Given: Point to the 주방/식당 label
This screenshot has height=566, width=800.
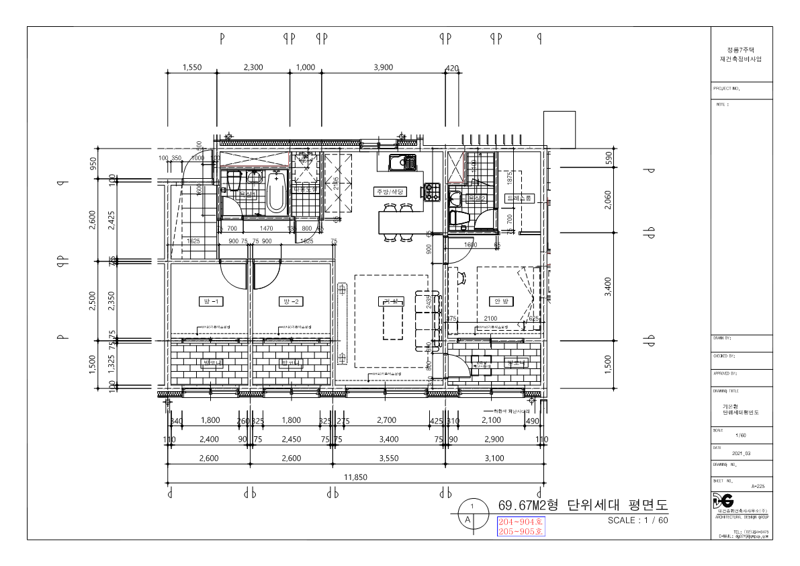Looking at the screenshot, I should click(x=391, y=192).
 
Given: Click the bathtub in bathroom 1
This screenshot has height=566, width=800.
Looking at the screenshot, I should click(x=276, y=192).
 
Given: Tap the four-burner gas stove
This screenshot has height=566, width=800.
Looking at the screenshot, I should click(x=431, y=191).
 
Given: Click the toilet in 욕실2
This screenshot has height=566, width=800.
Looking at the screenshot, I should click(x=461, y=217).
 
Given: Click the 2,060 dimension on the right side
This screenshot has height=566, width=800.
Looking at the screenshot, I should click(x=608, y=198).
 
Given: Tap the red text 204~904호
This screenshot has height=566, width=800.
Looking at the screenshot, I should click(x=520, y=522).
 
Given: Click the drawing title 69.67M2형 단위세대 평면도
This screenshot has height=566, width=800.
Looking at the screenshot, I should click(x=583, y=504).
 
